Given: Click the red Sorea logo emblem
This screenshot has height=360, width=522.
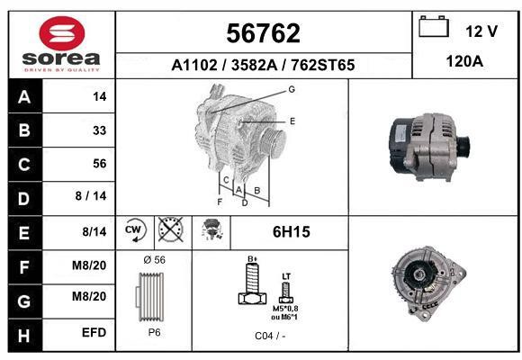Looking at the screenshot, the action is pos(62,33).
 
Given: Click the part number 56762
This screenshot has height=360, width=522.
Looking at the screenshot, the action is pos(263,33).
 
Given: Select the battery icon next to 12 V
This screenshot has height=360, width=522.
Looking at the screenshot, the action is pos(434,26).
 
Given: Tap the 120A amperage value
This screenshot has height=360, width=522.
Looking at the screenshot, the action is pos(464,61).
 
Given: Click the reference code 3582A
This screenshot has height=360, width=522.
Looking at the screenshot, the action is pos(254,65).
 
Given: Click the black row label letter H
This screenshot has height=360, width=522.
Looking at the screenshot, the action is pos(24,336).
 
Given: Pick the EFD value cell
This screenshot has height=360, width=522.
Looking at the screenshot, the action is pos(94,333).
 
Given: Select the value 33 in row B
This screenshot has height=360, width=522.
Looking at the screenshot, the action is pos(100,130).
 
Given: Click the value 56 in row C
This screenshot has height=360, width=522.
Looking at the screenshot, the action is pos(100,164).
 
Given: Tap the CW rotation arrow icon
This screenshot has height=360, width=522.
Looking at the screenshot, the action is pos(135,229).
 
